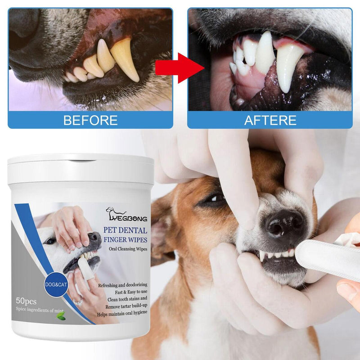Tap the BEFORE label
(90, 120)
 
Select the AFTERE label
(270, 120)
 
